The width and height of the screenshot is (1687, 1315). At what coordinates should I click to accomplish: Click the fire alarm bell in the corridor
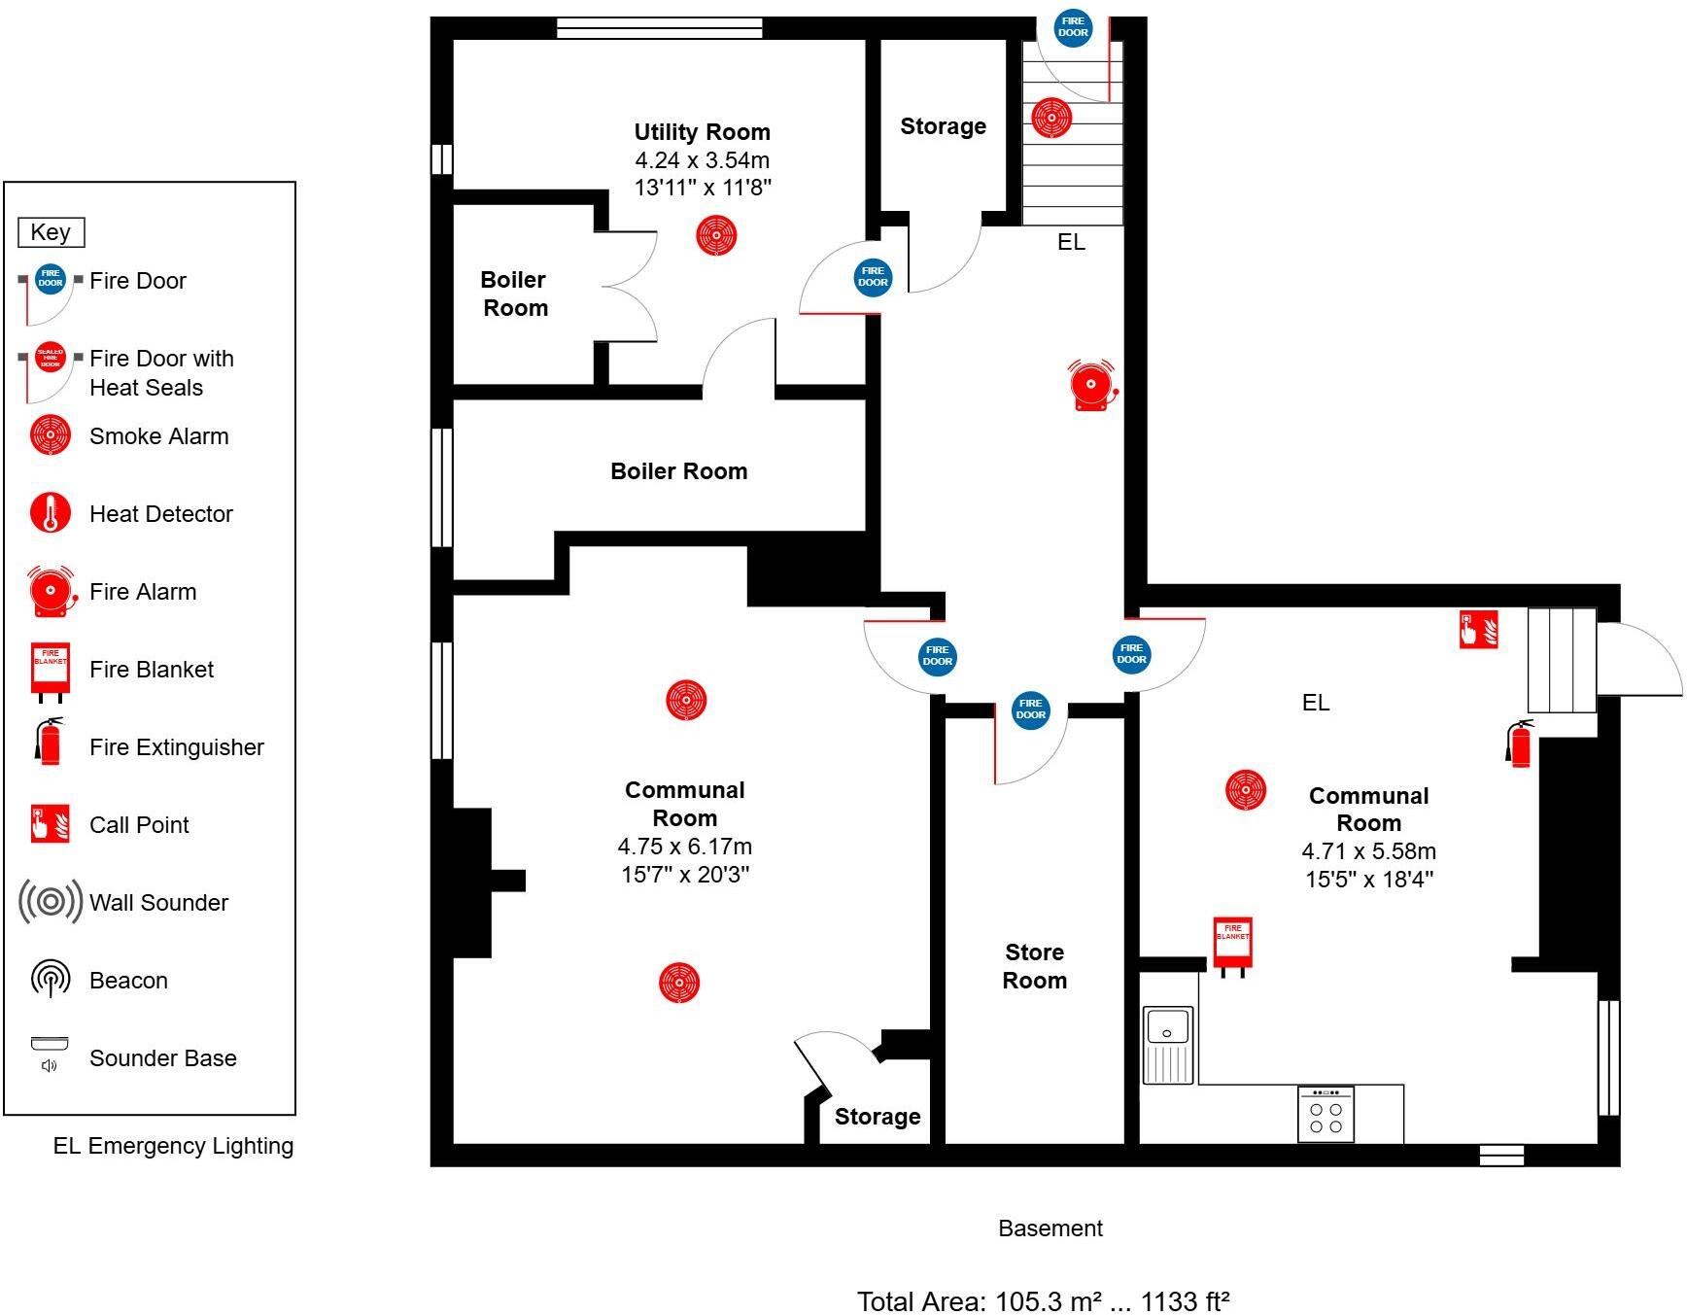(1091, 386)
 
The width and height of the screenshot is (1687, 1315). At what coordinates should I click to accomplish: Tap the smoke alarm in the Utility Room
(716, 235)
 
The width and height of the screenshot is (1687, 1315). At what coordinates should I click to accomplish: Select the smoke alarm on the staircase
(1050, 118)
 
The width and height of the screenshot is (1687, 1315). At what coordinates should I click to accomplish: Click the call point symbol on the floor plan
(1478, 629)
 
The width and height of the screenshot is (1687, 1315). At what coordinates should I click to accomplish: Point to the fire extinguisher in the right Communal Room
(1519, 744)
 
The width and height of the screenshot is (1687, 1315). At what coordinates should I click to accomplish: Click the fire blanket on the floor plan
(1232, 942)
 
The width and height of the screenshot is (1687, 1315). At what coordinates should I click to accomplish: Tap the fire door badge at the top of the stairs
(1073, 27)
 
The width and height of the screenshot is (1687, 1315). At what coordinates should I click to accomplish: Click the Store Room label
(1034, 966)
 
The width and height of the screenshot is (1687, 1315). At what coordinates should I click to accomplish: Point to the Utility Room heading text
(702, 132)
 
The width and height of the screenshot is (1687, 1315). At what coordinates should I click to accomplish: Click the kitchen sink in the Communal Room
(1168, 1045)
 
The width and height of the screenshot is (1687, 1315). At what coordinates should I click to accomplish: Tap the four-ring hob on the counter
(1325, 1114)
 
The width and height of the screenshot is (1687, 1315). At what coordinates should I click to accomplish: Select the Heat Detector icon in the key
(50, 513)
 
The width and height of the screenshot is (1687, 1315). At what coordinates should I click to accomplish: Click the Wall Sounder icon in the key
(50, 902)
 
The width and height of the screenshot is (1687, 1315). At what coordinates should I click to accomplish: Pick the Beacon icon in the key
(50, 979)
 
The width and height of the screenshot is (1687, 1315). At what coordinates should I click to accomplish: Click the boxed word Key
(51, 232)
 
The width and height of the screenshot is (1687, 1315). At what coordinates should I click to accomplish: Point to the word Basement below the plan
(1050, 1228)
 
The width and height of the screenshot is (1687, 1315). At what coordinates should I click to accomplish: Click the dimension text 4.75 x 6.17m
(684, 847)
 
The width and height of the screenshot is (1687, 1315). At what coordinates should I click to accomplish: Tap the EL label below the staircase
(1071, 242)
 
